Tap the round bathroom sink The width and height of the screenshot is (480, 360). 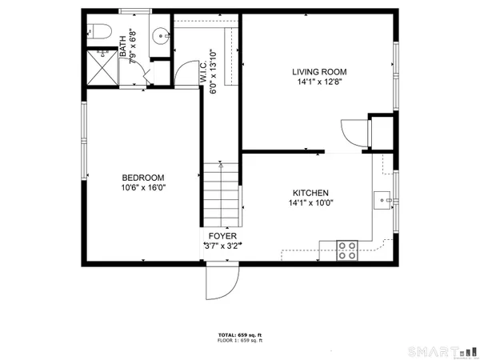tap(161, 35)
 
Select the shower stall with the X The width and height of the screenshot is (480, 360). tap(103, 66)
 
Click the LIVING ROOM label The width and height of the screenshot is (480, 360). tap(319, 72)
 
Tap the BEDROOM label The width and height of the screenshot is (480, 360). tap(143, 178)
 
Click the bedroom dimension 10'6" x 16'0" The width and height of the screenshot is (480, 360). tap(143, 189)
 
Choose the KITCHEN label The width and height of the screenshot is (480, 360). tap(310, 193)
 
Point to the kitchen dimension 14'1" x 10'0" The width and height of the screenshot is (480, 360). tap(310, 203)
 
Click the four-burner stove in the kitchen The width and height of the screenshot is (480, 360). tap(347, 250)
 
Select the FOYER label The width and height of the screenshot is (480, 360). tap(222, 236)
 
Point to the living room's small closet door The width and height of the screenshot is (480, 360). tap(352, 132)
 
